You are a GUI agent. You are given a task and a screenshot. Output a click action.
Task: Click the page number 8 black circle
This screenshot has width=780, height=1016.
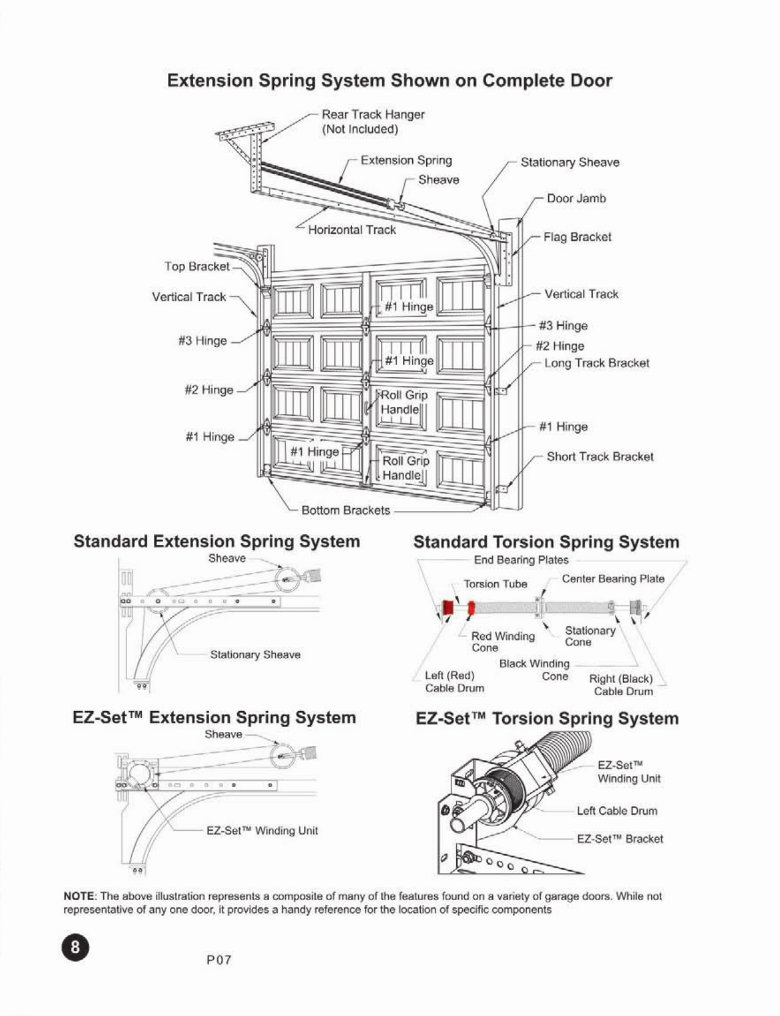pyautogui.click(x=75, y=947)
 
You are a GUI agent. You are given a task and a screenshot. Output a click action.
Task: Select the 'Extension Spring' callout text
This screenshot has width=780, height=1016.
pyautogui.click(x=406, y=160)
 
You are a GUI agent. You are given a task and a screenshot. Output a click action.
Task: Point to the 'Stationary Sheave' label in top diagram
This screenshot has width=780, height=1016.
pyautogui.click(x=570, y=163)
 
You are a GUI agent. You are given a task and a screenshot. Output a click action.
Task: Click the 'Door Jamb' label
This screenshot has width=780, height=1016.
pyautogui.click(x=576, y=198)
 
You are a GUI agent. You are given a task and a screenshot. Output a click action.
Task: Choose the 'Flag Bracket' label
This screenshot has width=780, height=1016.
pyautogui.click(x=577, y=237)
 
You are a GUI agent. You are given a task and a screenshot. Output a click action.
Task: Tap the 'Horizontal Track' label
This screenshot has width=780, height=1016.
pyautogui.click(x=351, y=230)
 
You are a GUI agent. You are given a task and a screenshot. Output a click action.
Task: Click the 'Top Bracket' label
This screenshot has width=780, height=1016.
pyautogui.click(x=196, y=266)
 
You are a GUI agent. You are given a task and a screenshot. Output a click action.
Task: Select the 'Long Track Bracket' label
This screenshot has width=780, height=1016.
pyautogui.click(x=596, y=363)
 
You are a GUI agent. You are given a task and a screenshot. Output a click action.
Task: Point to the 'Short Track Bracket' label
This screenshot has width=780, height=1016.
pyautogui.click(x=599, y=456)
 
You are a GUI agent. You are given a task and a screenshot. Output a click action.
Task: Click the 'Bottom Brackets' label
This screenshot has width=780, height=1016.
pyautogui.click(x=345, y=510)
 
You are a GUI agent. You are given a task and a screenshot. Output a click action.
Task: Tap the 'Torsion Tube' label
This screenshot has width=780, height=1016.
pyautogui.click(x=495, y=584)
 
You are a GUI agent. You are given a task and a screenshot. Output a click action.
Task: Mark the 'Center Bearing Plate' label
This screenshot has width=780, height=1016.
pyautogui.click(x=613, y=579)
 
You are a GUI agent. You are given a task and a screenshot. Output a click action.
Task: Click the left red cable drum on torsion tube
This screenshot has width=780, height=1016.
pyautogui.click(x=448, y=608)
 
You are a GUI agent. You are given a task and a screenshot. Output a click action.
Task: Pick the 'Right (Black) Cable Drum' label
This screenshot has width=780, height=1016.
pyautogui.click(x=621, y=685)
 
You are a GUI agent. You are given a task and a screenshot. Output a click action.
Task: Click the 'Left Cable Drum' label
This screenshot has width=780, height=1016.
pyautogui.click(x=616, y=811)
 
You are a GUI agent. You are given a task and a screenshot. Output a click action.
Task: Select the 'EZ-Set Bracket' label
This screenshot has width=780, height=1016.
pyautogui.click(x=619, y=839)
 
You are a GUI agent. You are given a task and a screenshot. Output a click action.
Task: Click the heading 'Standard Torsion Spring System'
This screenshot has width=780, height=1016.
pyautogui.click(x=546, y=542)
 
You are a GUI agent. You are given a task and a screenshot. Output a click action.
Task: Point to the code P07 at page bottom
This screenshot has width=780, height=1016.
pyautogui.click(x=219, y=960)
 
